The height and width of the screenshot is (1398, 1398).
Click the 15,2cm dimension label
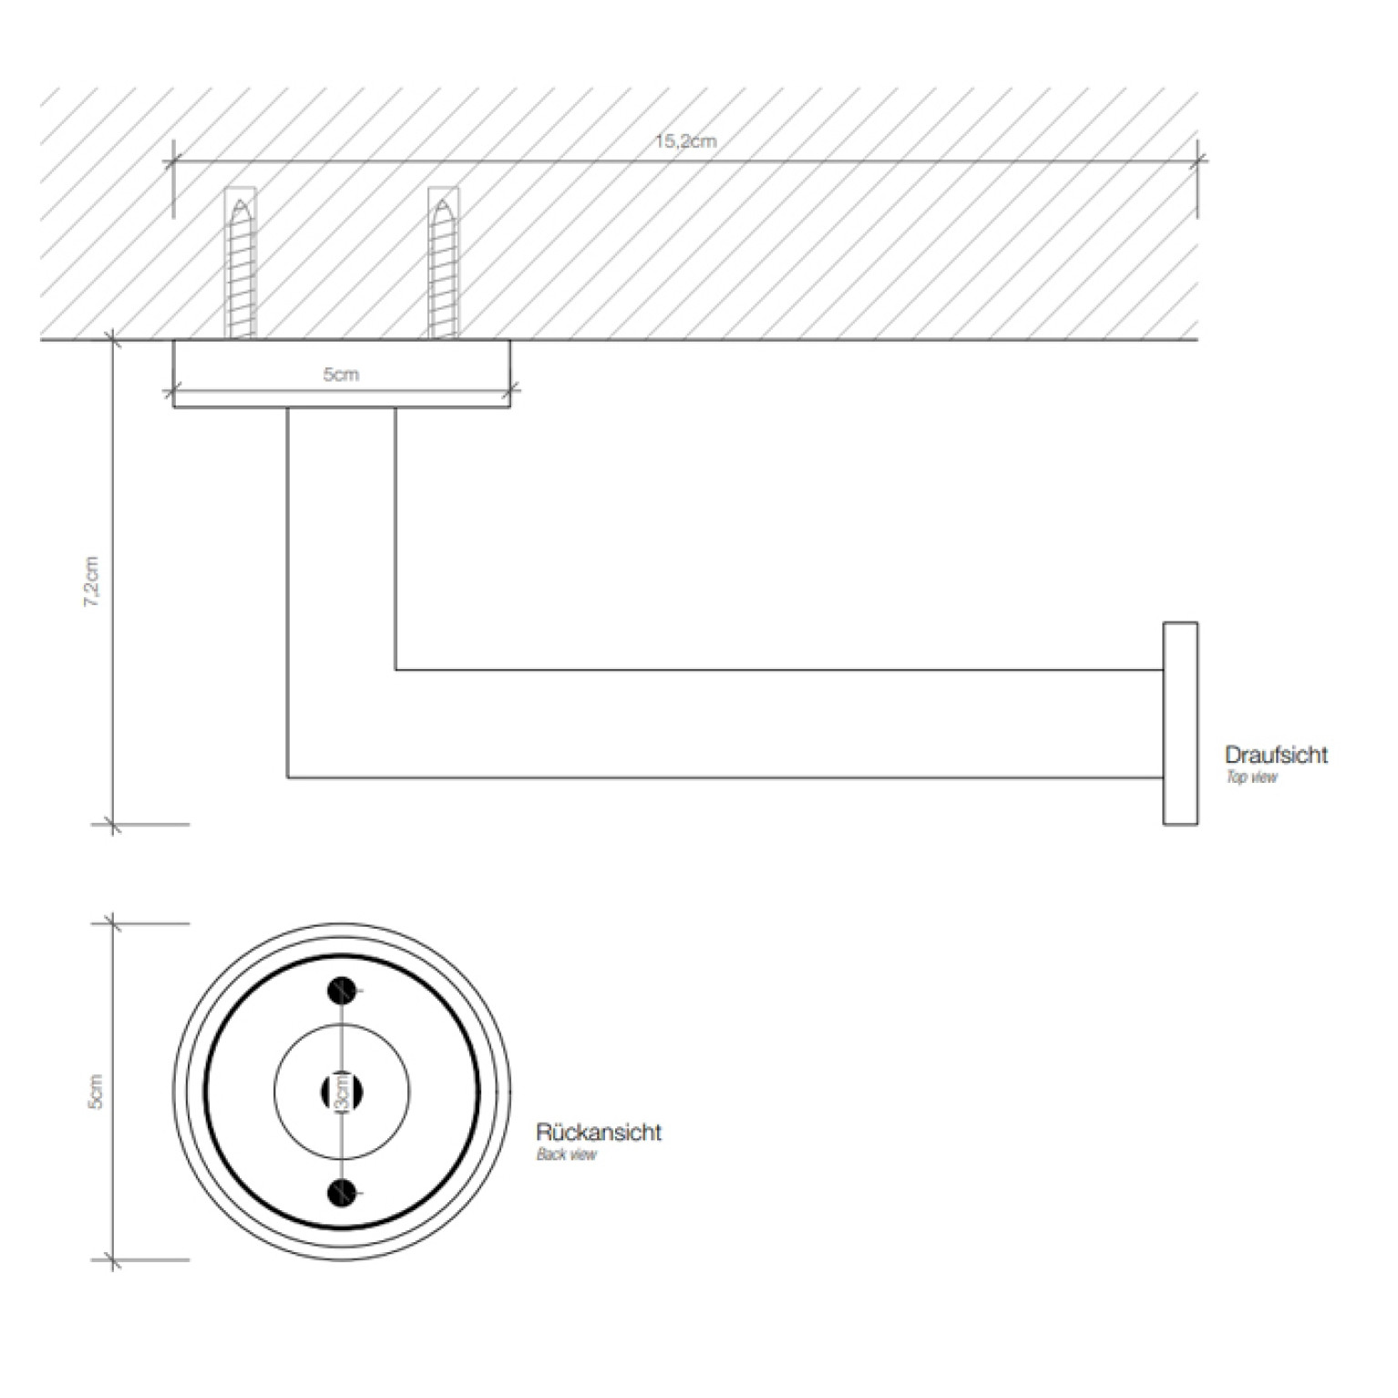coord(685,141)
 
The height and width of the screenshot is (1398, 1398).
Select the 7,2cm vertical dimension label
coord(92,581)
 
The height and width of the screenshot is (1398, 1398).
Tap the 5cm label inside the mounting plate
coord(341,375)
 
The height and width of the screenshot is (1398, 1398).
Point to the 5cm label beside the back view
coord(95,1091)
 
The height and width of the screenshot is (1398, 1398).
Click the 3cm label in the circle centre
coord(342,1092)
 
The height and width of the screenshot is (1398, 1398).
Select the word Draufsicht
coord(1276,755)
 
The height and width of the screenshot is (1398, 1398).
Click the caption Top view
coord(1251,777)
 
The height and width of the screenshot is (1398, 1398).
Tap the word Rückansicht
coord(599,1133)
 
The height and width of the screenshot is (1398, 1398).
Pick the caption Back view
coord(566,1155)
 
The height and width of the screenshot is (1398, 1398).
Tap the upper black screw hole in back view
coord(342,990)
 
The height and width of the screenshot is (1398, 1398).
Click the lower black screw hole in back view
coord(342,1191)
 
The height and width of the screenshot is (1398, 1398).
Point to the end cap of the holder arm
coord(1180,724)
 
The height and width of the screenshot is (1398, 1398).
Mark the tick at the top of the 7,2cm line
coord(113,340)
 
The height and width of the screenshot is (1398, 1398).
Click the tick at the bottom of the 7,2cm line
coord(113,825)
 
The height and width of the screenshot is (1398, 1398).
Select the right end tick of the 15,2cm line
coord(1198,162)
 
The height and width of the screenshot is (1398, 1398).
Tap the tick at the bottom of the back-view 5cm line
coord(113,1260)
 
